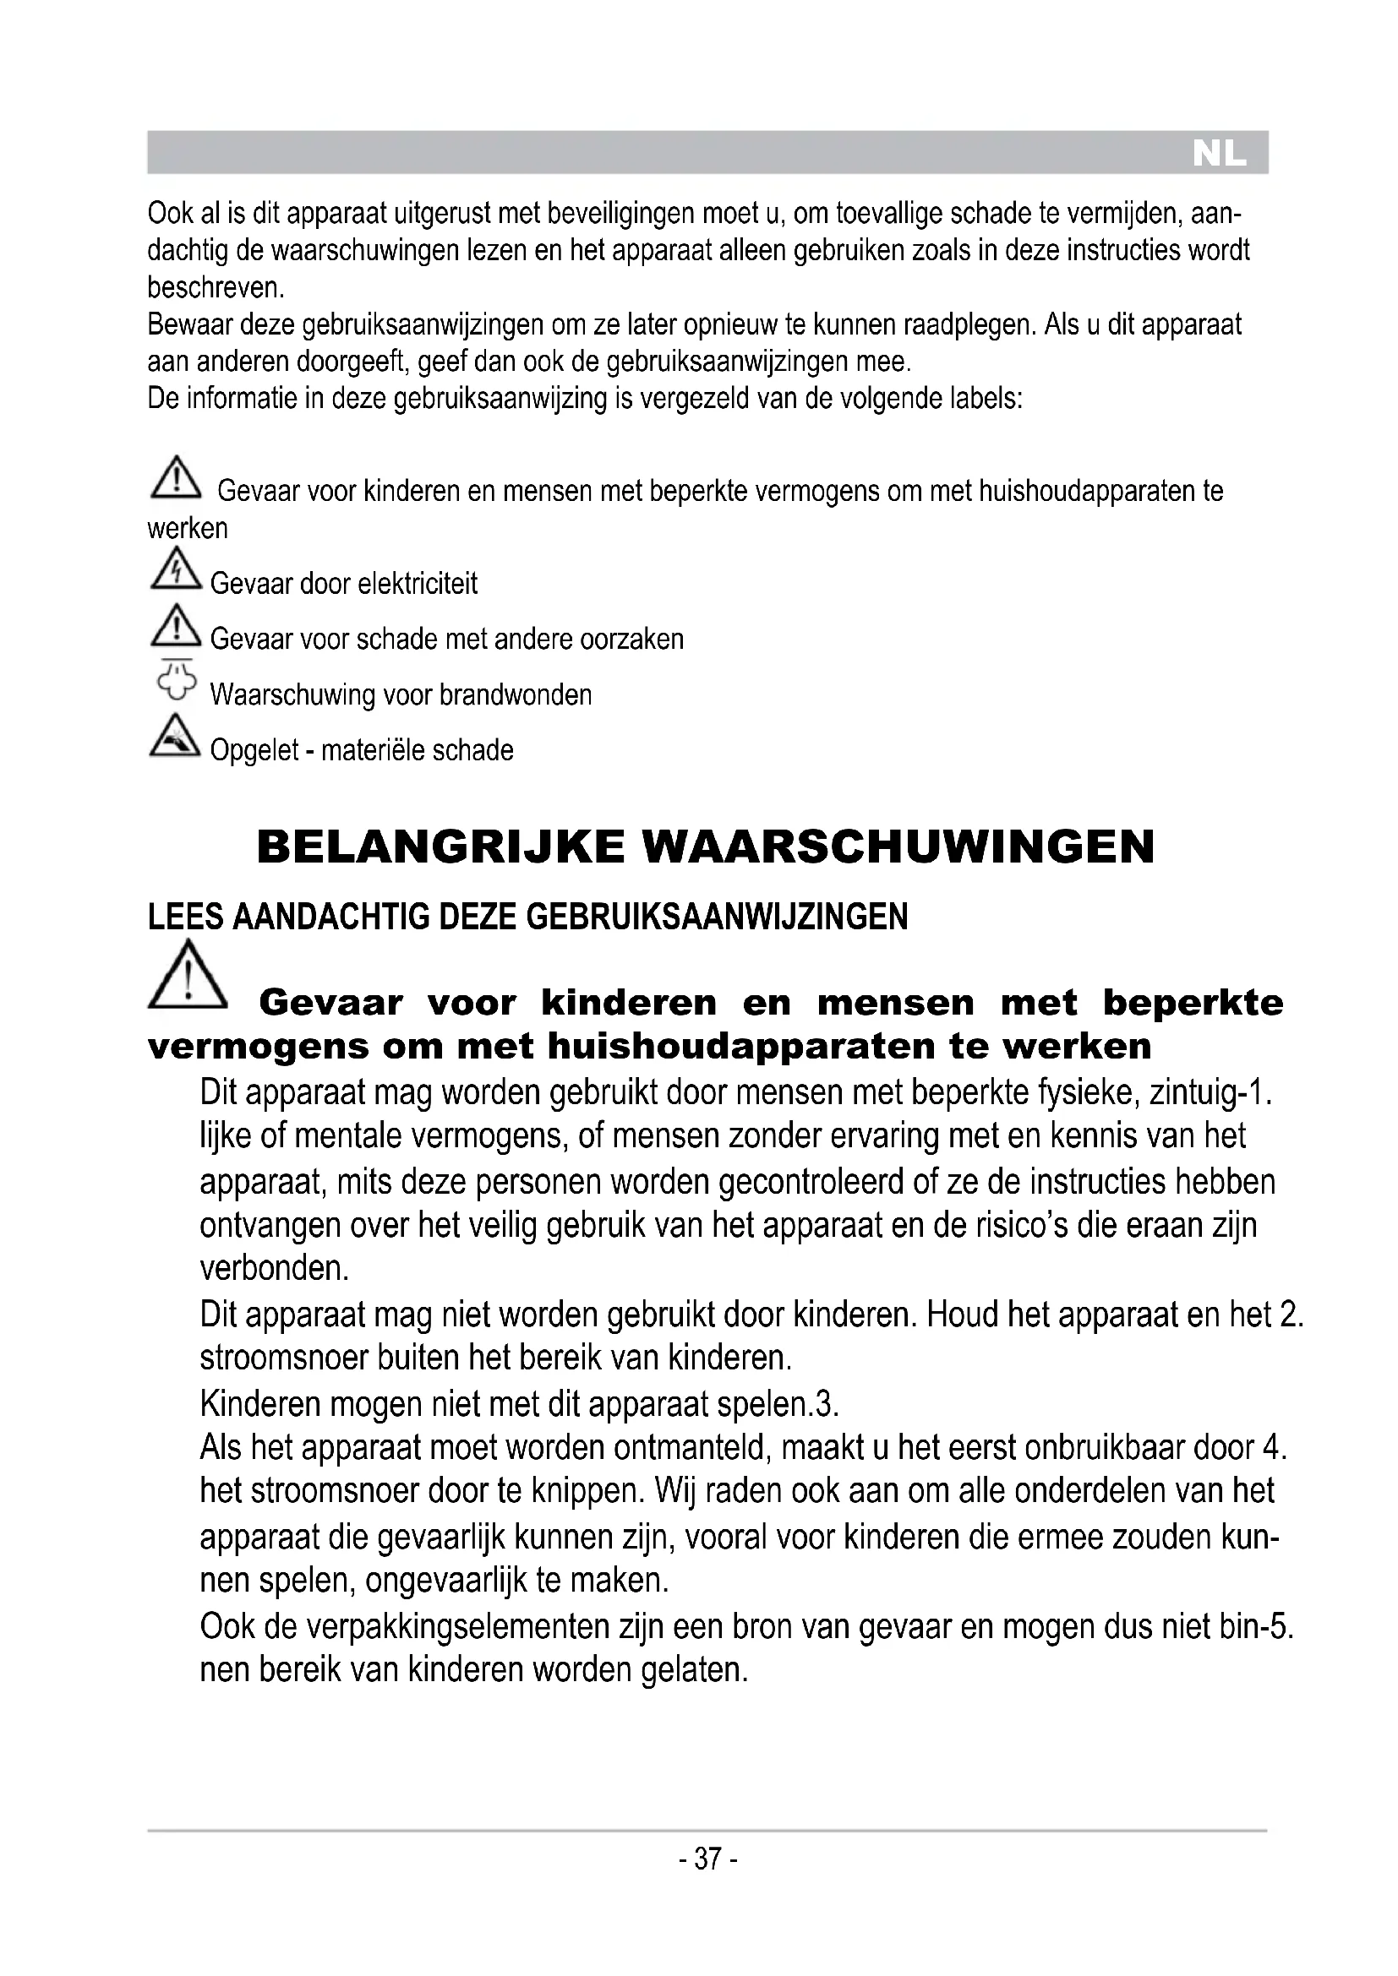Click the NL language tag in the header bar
tap(1219, 154)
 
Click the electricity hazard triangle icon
tap(176, 569)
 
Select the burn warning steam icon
tap(176, 681)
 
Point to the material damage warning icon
tap(176, 738)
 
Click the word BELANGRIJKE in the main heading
tap(440, 846)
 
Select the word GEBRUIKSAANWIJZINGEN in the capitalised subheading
tap(716, 917)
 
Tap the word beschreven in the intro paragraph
tap(215, 287)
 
